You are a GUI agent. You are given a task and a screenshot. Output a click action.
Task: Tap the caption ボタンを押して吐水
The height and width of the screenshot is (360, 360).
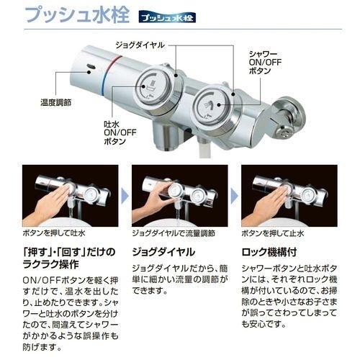[x=55, y=234]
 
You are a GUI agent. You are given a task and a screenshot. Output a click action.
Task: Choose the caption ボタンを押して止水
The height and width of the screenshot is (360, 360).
[x=274, y=234]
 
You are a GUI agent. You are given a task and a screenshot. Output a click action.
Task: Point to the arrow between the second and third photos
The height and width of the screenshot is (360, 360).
[x=234, y=193]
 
